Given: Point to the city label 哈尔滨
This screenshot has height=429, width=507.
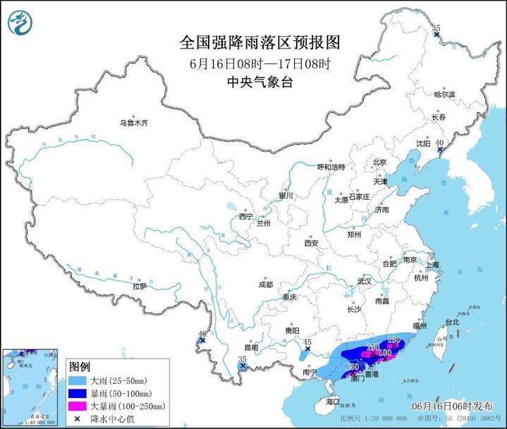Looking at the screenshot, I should pyautogui.click(x=445, y=94).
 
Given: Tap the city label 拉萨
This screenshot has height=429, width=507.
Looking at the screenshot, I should pyautogui.click(x=140, y=286).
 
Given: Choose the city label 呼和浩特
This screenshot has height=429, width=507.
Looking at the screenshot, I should pyautogui.click(x=331, y=167).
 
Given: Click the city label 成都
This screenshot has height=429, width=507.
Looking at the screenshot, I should pyautogui.click(x=265, y=285).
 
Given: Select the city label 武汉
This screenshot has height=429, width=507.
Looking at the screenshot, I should pyautogui.click(x=364, y=281).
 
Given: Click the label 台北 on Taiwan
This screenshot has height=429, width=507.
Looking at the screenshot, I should pyautogui.click(x=451, y=322).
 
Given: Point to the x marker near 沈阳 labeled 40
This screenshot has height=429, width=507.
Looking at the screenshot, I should pyautogui.click(x=439, y=150).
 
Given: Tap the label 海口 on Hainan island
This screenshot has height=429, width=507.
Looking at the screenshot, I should pyautogui.click(x=333, y=401).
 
